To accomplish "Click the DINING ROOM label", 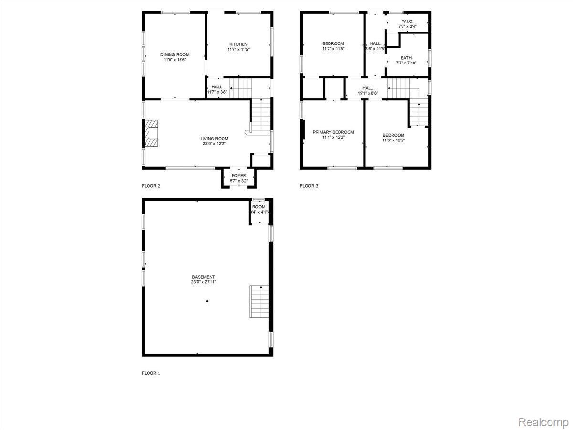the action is tap(175, 54).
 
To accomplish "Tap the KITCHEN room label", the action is tap(238, 44).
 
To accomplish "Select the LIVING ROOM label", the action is tap(214, 139).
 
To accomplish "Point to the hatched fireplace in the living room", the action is tap(151, 133).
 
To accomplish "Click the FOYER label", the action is tap(239, 176).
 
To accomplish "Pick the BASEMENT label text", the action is tap(203, 277).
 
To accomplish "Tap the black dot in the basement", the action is tap(207, 301).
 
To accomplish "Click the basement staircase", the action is tap(259, 301).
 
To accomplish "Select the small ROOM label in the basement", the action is tap(259, 207).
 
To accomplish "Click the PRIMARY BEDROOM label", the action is tap(333, 132).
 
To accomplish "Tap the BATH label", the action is tap(406, 58).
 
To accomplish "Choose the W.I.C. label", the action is tap(407, 21).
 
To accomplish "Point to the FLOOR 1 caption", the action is tap(151, 373).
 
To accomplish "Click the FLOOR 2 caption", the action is tap(151, 186).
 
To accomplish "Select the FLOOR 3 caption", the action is tap(309, 186).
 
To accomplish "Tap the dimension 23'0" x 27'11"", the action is tap(203, 282).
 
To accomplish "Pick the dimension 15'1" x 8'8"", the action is tap(368, 93).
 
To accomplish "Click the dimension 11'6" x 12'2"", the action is tap(393, 140).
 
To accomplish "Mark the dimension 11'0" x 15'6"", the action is tap(175, 60).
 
